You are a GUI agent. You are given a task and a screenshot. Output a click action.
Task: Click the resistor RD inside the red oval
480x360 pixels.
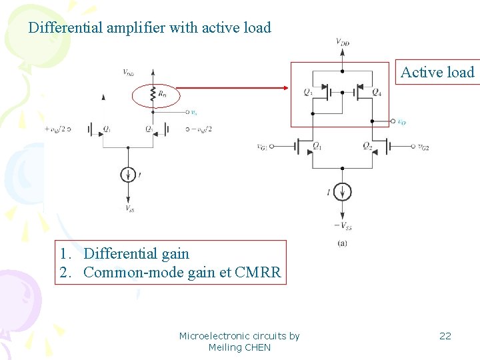pos(154,95)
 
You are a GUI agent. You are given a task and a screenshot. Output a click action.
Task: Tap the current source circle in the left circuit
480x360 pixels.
pos(127,175)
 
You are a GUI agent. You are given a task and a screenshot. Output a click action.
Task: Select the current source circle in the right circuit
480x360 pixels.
pos(342,192)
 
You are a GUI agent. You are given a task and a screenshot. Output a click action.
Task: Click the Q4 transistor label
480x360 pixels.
pos(377,92)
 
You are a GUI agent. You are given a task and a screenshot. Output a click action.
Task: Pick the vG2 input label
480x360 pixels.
pos(422,146)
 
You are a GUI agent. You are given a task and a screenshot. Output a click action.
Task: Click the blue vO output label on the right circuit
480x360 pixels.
pos(401,122)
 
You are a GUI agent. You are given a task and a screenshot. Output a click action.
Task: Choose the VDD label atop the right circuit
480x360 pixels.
pos(342,43)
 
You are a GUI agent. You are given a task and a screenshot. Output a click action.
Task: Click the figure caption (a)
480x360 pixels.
pos(342,243)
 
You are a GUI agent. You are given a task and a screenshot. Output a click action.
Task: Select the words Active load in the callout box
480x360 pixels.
pos(437,73)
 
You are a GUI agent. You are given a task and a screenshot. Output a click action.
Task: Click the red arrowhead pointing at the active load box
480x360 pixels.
pos(286,87)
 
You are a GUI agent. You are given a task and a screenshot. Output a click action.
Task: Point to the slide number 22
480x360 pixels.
pos(445,335)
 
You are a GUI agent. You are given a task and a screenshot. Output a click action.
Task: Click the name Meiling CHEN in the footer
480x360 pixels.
pos(239,347)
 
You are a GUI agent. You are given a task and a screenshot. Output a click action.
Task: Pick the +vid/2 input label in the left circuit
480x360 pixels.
pos(57,129)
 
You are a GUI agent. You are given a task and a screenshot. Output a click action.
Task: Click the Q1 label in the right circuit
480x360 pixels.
pos(317,146)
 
